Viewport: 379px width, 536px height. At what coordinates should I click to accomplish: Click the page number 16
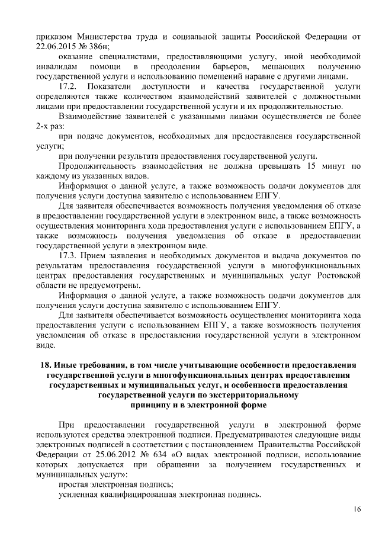coord(357,509)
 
